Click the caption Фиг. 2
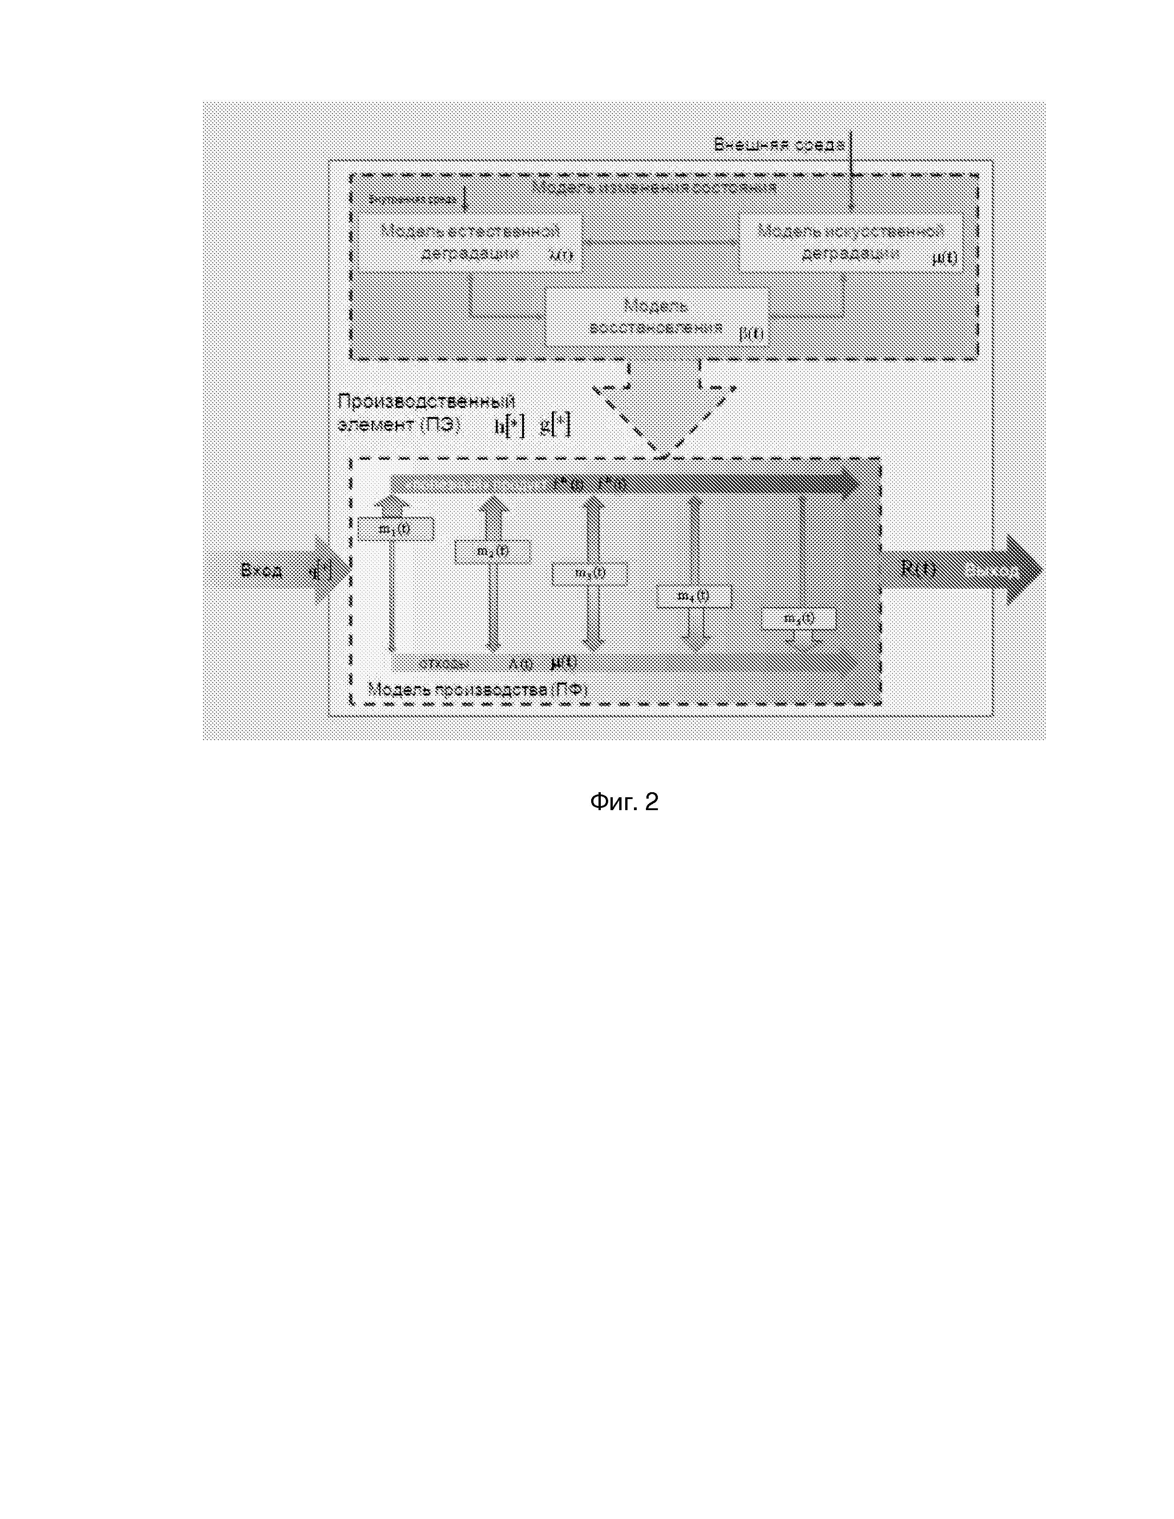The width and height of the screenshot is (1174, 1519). [x=623, y=802]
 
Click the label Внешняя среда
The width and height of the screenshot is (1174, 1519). [x=779, y=145]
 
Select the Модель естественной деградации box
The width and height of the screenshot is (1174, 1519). [x=470, y=242]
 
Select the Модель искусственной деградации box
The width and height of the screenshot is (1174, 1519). [x=850, y=242]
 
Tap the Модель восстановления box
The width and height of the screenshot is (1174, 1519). [x=656, y=317]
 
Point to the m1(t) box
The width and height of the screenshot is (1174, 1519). [x=395, y=528]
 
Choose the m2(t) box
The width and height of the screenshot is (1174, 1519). [x=492, y=551]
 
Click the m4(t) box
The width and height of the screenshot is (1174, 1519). [x=693, y=596]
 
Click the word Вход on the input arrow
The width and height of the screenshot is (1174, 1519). [x=262, y=571]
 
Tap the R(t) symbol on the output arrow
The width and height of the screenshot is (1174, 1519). [x=918, y=568]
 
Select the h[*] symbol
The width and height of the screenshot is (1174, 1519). [x=509, y=426]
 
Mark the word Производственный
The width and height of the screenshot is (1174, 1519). [x=426, y=401]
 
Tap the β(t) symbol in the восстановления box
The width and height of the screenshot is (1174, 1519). [x=751, y=334]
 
